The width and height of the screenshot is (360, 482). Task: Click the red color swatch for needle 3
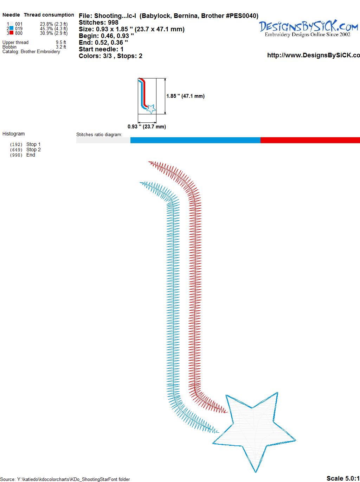coord(11,33)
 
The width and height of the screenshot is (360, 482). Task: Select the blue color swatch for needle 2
coord(11,28)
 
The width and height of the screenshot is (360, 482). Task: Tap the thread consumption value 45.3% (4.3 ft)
coord(54,28)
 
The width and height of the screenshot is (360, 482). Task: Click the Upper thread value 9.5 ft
coord(61,42)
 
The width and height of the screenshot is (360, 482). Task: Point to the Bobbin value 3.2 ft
coord(61,47)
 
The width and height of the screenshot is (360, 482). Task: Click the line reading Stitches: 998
coord(98,23)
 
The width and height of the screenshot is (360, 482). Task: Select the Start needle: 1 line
coord(101,49)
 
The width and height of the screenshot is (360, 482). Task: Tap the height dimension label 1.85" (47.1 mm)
coord(185,96)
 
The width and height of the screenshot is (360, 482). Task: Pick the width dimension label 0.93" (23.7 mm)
coord(147,127)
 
